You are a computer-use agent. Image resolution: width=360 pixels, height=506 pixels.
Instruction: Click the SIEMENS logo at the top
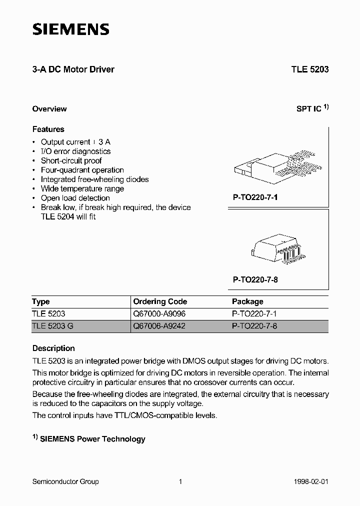coord(70,30)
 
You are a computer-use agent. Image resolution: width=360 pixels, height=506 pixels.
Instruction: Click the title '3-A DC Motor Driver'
coord(73,69)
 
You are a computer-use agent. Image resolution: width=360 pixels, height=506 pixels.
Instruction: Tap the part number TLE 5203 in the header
coord(310,69)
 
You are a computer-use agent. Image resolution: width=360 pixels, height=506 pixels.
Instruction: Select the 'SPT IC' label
coord(309,108)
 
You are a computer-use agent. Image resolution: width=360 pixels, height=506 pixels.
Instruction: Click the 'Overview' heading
coord(49,108)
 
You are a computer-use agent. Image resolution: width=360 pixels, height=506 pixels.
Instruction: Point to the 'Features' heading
coord(48,129)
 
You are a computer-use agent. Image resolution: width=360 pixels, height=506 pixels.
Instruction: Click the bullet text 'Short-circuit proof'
coord(71,160)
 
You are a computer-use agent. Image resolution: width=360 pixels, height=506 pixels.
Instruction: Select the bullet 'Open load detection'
coord(75,198)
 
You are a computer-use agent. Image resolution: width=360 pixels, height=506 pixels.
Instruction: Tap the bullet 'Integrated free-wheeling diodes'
coord(95,179)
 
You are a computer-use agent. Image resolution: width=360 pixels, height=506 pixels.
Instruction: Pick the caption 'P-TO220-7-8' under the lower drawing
coord(255,280)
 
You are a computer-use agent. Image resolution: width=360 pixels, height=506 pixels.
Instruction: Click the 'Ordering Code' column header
coord(160,301)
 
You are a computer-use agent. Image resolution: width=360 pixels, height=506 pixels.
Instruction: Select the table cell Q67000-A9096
coord(159,314)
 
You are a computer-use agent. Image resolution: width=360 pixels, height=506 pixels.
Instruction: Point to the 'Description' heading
coord(53,348)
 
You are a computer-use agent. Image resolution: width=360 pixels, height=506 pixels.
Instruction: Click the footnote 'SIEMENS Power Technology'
coord(92,439)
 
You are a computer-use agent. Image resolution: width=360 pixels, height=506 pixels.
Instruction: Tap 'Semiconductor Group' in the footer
coord(65,481)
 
